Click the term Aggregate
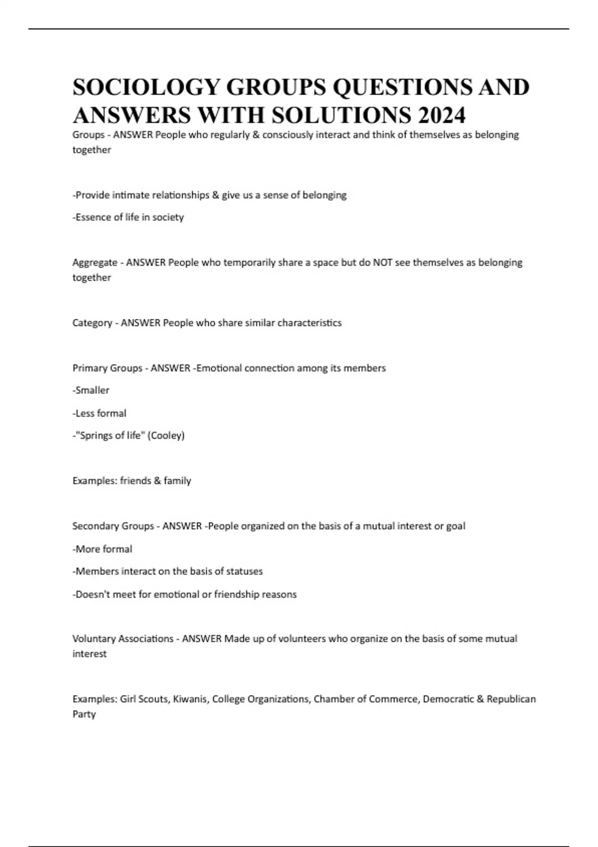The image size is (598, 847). pyautogui.click(x=95, y=263)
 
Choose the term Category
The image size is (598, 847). pyautogui.click(x=92, y=323)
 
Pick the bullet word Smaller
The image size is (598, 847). pyautogui.click(x=92, y=390)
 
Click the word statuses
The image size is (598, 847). pyautogui.click(x=244, y=571)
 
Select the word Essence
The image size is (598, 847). pyautogui.click(x=91, y=217)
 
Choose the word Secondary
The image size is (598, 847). pyautogui.click(x=94, y=526)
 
